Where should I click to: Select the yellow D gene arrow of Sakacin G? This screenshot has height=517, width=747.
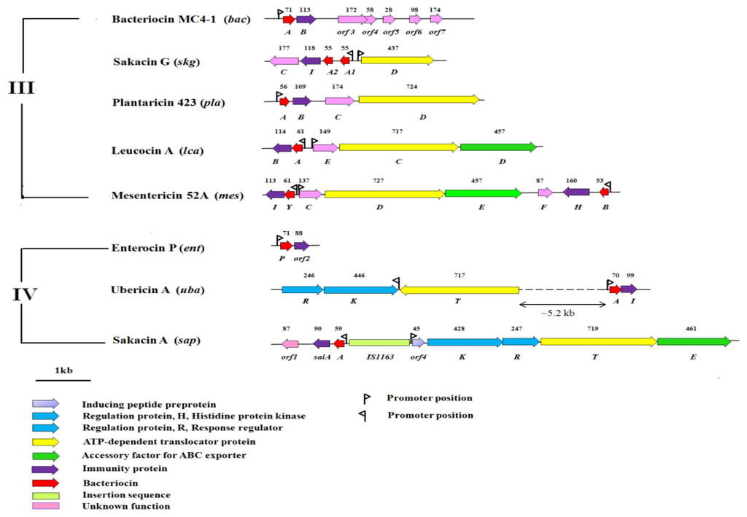click(x=397, y=61)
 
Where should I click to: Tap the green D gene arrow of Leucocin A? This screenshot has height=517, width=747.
click(x=498, y=147)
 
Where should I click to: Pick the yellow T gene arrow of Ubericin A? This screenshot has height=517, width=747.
click(x=459, y=289)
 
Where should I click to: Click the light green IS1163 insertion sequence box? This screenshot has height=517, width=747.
click(x=379, y=342)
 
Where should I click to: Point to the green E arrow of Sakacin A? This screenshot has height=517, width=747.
click(x=694, y=342)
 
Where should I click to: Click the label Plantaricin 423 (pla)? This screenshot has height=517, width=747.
click(x=170, y=102)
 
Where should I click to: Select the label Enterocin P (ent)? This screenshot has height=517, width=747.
click(x=158, y=249)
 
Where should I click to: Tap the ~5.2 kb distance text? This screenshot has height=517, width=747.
click(x=557, y=314)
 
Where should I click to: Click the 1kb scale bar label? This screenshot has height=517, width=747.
click(x=63, y=371)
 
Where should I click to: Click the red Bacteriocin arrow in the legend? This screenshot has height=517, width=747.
click(x=45, y=482)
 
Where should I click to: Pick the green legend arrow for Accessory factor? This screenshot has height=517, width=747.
click(x=45, y=456)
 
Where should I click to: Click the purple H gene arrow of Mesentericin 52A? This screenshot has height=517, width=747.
click(x=576, y=193)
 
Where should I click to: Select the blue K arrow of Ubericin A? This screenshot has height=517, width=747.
click(x=360, y=289)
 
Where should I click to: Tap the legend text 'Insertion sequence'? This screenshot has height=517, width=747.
click(x=126, y=494)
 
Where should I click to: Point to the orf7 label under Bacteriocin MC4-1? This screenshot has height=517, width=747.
click(x=437, y=32)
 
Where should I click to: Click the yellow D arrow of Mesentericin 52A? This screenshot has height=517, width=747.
click(x=384, y=193)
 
